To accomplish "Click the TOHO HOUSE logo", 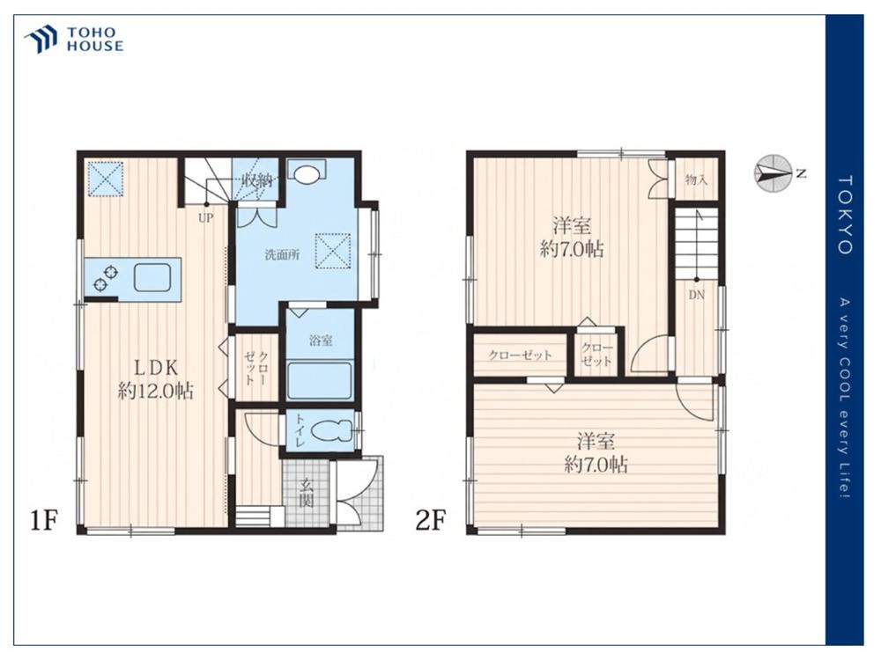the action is click(x=74, y=40).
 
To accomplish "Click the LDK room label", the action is click(x=155, y=379).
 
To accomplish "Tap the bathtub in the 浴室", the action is click(x=320, y=380).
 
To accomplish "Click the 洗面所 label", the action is click(x=282, y=255).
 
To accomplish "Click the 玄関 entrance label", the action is click(x=306, y=493).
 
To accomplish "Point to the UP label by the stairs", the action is click(x=205, y=217).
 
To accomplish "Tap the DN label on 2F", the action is click(x=696, y=295).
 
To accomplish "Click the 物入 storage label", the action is click(x=696, y=180).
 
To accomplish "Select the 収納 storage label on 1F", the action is click(x=256, y=180).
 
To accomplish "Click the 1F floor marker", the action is click(x=44, y=521).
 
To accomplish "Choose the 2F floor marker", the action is click(x=430, y=521).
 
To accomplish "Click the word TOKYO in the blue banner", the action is click(x=845, y=215).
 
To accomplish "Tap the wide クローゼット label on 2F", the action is click(x=520, y=355).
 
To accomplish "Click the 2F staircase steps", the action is click(x=696, y=244).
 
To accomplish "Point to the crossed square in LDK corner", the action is click(x=104, y=179).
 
